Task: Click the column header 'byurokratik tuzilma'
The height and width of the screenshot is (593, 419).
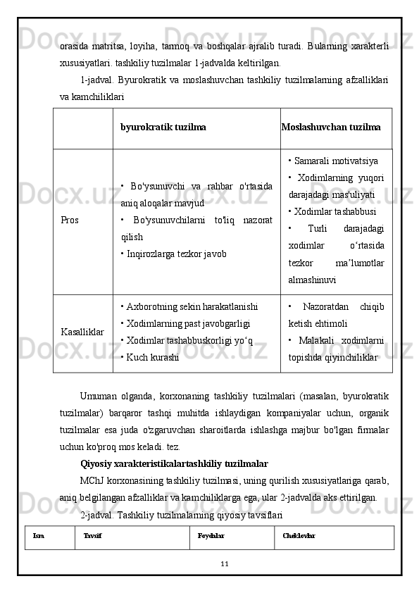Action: tap(163, 127)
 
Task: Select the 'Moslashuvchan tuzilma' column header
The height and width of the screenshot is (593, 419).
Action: tap(331, 127)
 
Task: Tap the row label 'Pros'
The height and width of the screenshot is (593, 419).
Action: tap(70, 220)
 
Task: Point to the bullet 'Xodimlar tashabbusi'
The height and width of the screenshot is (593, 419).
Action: tap(332, 211)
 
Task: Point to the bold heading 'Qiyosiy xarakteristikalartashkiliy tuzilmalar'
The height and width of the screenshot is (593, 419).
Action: tap(174, 463)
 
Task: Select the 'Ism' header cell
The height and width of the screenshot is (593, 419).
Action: tap(39, 536)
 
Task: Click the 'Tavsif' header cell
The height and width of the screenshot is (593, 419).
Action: tap(92, 536)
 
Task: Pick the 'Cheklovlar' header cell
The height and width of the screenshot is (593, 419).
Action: tap(299, 536)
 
